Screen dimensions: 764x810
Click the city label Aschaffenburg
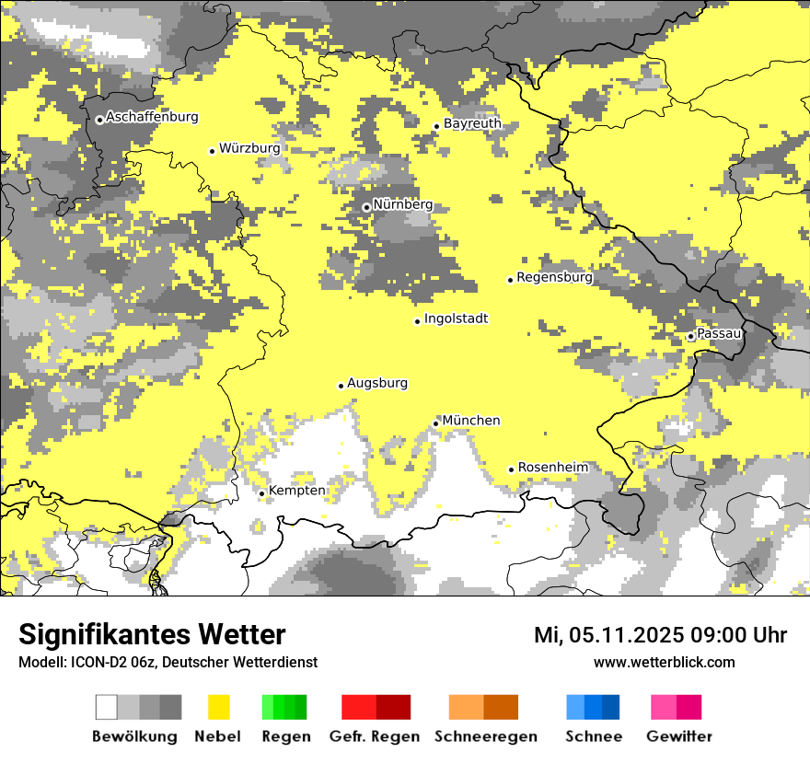[x=152, y=118]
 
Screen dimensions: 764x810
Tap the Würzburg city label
[x=249, y=148]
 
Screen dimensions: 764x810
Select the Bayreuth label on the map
[x=472, y=123]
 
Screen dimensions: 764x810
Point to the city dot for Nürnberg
[x=366, y=207]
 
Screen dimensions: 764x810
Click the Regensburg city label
[x=554, y=277]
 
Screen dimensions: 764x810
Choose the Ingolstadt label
[x=456, y=319]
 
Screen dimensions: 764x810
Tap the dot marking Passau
[x=690, y=337]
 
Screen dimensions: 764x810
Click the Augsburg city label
[x=376, y=384]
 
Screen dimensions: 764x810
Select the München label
[x=471, y=421]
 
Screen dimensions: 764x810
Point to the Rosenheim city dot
[x=512, y=469]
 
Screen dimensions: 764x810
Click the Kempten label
[x=296, y=491]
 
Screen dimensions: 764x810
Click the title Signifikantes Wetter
[x=152, y=635]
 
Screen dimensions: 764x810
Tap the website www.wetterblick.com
[x=664, y=662]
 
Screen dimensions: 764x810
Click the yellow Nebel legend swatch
[x=219, y=707]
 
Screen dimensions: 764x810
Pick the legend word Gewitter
[x=678, y=736]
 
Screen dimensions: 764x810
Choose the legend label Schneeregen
[x=485, y=736]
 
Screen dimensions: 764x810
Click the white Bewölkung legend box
[x=107, y=707]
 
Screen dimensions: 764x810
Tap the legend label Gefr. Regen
[x=374, y=736]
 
